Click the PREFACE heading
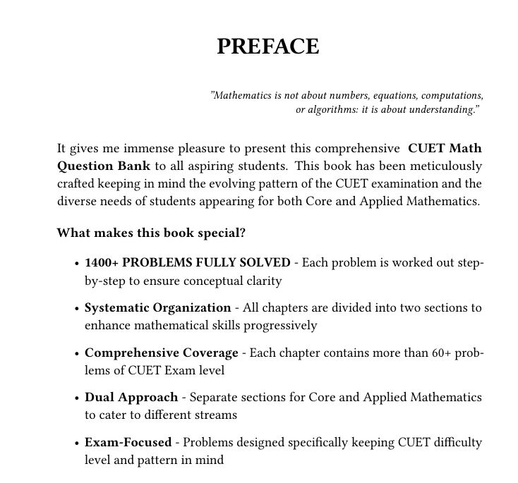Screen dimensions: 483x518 pyautogui.click(x=268, y=47)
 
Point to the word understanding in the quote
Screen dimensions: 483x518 pyautogui.click(x=440, y=109)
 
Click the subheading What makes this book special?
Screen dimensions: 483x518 pyautogui.click(x=150, y=233)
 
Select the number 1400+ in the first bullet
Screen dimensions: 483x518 pyautogui.click(x=102, y=263)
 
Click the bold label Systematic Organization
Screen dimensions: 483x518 pyautogui.click(x=157, y=308)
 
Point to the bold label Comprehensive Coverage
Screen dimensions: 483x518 pyautogui.click(x=162, y=353)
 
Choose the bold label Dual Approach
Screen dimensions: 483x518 pyautogui.click(x=131, y=398)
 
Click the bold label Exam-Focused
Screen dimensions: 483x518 pyautogui.click(x=128, y=443)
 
